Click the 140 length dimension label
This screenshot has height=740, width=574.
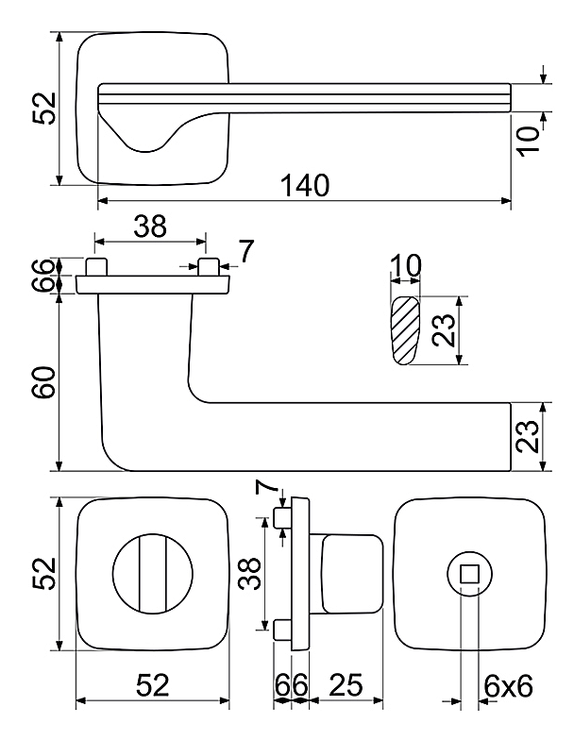pos(304,185)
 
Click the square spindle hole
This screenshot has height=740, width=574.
pos(468,572)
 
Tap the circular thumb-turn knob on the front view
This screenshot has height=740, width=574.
pos(153,573)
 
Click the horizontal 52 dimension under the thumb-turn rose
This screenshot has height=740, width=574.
pos(151,686)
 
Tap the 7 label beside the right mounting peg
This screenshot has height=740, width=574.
pos(245,251)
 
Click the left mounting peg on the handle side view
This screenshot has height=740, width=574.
pos(94,264)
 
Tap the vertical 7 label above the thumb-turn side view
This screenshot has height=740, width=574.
pos(267,491)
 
